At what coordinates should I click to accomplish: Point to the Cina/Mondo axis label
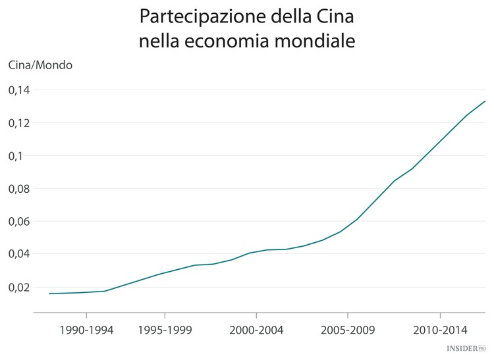[x=40, y=65]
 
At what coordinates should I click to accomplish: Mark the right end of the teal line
[x=485, y=101]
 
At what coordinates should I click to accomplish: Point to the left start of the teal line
[x=49, y=294]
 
